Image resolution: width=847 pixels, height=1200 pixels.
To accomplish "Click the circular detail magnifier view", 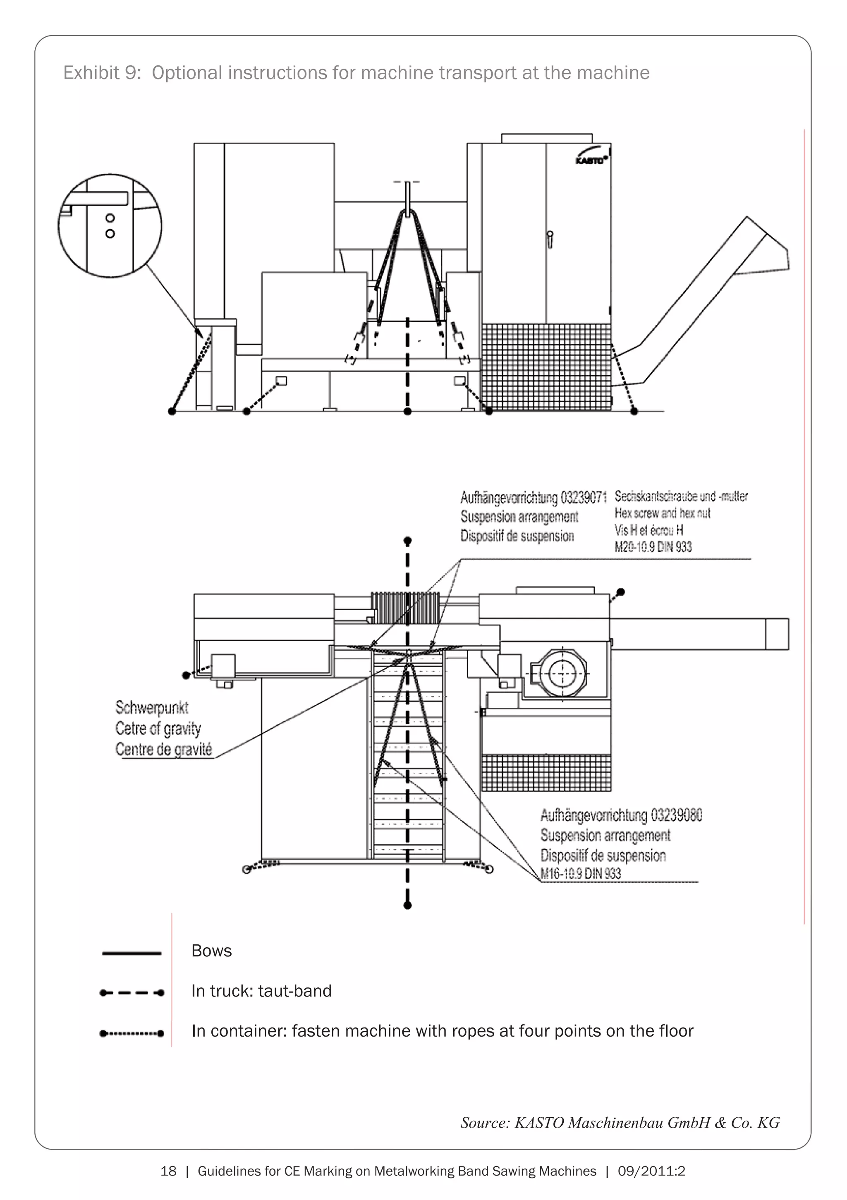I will tap(110, 226).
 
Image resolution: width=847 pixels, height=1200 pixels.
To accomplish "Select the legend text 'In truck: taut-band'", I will tap(261, 991).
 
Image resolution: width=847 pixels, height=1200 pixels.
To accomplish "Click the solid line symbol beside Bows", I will tap(132, 954).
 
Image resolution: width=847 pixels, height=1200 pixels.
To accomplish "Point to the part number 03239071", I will tap(584, 497).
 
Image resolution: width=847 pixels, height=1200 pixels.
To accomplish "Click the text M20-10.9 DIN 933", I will tap(653, 547).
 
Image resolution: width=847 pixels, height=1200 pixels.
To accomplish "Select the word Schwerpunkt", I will tap(151, 708).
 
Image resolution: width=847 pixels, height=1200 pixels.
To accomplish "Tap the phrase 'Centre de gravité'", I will tap(163, 750).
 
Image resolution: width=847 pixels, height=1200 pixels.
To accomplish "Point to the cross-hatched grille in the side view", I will tap(546, 366).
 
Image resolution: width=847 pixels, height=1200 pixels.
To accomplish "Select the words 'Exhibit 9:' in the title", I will tap(102, 73).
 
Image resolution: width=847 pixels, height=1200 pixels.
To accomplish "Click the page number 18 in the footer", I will tap(168, 1171).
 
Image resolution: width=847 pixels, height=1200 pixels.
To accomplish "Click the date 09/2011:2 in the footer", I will tap(651, 1171).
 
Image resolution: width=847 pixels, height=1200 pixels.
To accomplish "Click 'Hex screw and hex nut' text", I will tap(662, 513).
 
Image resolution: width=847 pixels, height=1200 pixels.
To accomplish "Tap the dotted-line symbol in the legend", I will tap(132, 1033).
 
